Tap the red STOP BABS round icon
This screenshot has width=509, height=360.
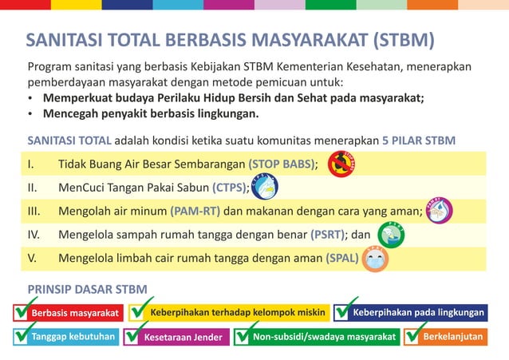(x=342, y=164)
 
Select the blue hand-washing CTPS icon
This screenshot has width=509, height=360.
(x=264, y=188)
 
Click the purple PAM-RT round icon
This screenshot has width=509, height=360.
(x=438, y=211)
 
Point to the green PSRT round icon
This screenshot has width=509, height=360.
(x=390, y=235)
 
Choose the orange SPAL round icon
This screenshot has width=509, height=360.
(x=374, y=258)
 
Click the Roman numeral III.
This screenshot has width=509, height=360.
(x=34, y=212)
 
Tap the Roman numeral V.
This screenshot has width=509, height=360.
(x=33, y=259)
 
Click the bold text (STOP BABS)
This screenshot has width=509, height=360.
(x=282, y=165)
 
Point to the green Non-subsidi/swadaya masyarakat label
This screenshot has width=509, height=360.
(x=324, y=337)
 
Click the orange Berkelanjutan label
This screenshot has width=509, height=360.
(x=452, y=337)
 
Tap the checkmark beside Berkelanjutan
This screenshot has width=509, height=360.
(x=414, y=334)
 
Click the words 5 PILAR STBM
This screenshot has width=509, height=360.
(x=419, y=140)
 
